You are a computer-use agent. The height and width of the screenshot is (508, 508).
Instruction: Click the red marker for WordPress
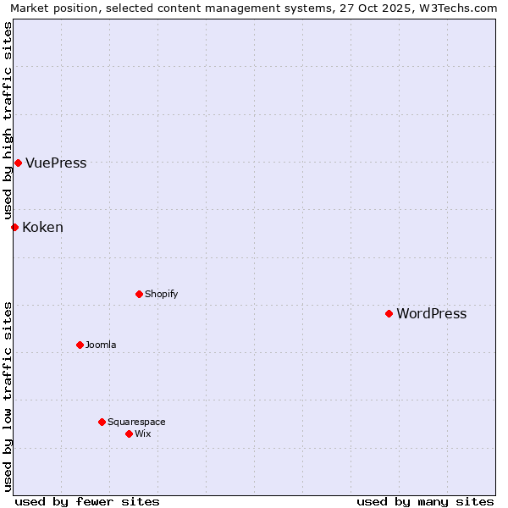tap(389, 313)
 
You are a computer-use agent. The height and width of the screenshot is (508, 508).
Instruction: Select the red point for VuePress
tap(18, 163)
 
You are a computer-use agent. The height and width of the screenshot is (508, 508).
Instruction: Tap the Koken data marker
tap(14, 227)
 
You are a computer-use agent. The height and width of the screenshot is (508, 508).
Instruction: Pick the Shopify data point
tap(139, 294)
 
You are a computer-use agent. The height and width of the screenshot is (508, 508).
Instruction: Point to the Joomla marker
tap(80, 345)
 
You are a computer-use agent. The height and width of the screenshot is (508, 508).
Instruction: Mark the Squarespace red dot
tap(102, 422)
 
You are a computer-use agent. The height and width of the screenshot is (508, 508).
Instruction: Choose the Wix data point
tap(129, 433)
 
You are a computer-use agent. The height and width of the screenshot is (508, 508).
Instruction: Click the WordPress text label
tap(431, 313)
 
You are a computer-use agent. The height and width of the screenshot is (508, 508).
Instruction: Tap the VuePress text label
tap(56, 163)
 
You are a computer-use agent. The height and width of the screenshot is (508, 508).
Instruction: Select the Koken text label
tap(42, 227)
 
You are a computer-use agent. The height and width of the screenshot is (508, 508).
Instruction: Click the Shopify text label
tap(161, 294)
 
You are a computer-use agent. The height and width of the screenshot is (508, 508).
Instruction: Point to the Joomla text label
tap(101, 345)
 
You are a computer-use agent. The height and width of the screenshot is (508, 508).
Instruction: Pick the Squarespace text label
tap(136, 422)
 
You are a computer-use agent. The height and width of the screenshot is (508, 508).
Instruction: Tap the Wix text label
tap(142, 433)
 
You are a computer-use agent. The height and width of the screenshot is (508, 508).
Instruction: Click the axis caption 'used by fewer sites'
tap(87, 501)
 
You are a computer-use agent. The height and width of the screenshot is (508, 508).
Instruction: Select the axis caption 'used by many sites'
tap(425, 501)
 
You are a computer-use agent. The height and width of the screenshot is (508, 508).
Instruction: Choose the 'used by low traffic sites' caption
tap(8, 396)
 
